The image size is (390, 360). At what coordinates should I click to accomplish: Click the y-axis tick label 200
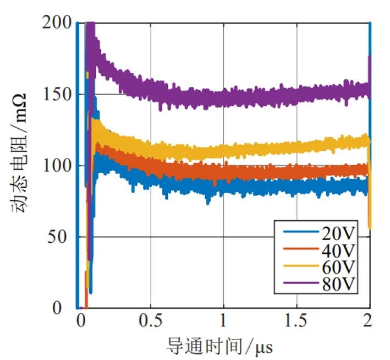(57, 23)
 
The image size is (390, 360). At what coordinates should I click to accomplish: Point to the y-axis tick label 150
(57, 95)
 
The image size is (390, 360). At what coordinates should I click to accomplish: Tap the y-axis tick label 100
(57, 166)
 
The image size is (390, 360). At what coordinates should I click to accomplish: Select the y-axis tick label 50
(57, 237)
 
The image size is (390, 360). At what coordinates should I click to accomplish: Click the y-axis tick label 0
(57, 308)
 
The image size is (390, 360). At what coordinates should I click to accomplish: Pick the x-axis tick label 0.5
(151, 320)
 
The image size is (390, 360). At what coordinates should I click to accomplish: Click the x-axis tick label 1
(223, 320)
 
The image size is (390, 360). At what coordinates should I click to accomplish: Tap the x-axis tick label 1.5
(295, 320)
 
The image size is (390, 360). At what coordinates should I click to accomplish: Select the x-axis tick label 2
(367, 320)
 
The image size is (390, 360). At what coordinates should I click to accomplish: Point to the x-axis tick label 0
(81, 320)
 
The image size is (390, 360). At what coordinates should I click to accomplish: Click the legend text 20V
(338, 233)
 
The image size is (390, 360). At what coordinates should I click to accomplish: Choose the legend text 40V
(338, 250)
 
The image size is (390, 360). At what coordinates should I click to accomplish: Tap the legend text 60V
(338, 267)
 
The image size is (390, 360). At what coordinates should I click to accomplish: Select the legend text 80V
(338, 283)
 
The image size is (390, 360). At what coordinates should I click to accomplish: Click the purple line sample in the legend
(301, 283)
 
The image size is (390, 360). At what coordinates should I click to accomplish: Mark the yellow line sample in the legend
(301, 266)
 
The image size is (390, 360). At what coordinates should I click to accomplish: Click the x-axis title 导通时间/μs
(219, 346)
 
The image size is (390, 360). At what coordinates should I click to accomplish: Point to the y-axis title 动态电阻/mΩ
(19, 153)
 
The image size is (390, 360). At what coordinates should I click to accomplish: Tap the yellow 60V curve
(224, 151)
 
